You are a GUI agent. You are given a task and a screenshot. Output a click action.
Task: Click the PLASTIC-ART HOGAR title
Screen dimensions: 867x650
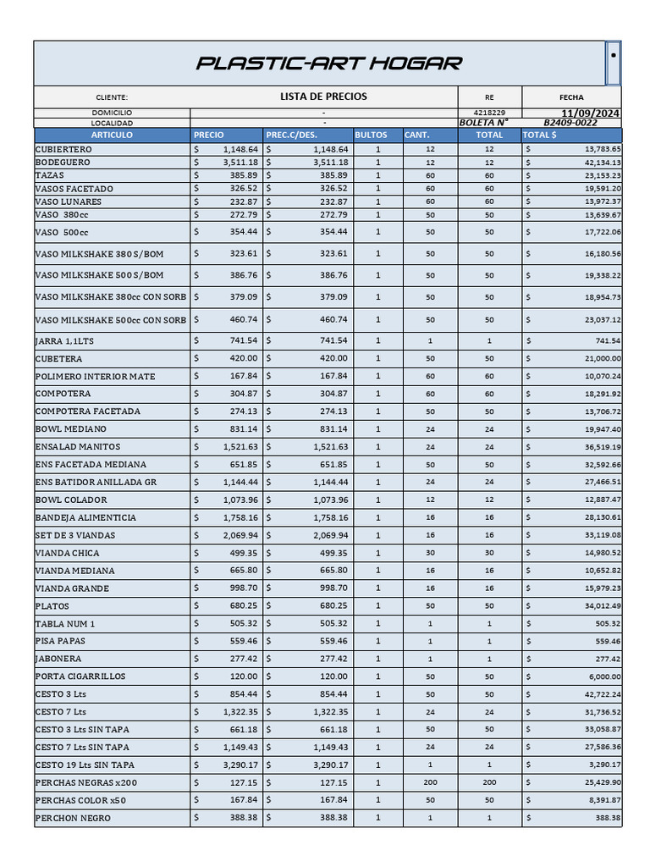pos(329,64)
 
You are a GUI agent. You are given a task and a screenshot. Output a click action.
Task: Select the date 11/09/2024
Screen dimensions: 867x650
pos(590,113)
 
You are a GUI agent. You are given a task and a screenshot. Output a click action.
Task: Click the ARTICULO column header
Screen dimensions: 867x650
pos(112,135)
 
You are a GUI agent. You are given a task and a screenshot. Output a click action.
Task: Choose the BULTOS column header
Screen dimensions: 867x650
pos(371,135)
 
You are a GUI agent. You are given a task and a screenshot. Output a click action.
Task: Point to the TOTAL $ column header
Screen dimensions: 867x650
pos(540,135)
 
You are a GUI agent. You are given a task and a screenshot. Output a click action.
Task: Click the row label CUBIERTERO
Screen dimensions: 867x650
pos(64,149)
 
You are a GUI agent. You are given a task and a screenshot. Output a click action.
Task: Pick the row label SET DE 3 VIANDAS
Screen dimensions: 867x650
pos(75,535)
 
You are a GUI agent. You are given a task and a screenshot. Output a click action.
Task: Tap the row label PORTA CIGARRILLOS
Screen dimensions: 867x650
pos(80,676)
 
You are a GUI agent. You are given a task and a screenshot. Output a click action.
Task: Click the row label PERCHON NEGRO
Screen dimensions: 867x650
pos(73,818)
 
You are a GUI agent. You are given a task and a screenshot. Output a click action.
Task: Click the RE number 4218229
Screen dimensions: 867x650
pos(489,113)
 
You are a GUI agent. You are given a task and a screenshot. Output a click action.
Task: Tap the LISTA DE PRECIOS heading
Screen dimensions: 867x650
pos(323,97)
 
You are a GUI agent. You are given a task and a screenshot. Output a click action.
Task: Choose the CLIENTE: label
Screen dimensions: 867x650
pos(112,98)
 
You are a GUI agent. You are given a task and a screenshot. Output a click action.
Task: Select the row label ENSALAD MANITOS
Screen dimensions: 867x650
pos(78,446)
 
